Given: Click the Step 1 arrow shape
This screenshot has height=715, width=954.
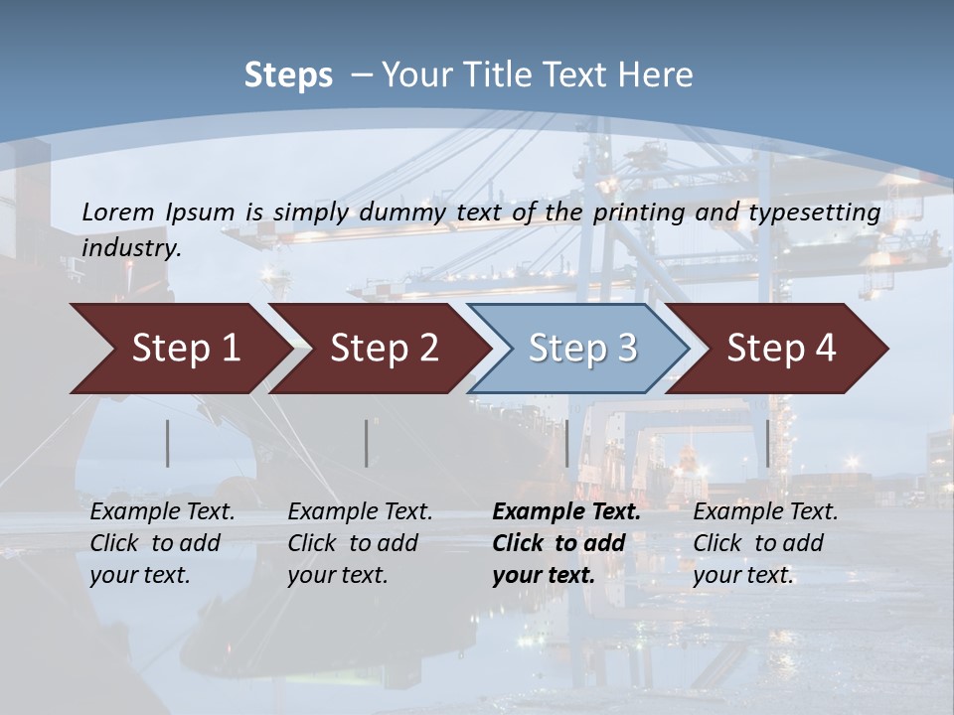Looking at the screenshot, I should (179, 349).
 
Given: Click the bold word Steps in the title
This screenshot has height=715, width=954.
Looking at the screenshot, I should (288, 75).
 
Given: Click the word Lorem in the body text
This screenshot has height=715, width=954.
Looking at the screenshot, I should (118, 212).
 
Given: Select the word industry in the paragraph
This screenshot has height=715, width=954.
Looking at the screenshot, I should (131, 247).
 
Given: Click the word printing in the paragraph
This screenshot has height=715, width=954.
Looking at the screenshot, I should (635, 212).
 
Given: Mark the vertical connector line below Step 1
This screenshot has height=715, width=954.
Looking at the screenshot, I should (168, 443).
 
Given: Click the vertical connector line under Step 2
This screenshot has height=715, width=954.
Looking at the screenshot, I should (367, 443).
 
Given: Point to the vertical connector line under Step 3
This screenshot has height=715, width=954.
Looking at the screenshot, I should (567, 443).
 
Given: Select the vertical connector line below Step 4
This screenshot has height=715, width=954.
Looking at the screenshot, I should (767, 443).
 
